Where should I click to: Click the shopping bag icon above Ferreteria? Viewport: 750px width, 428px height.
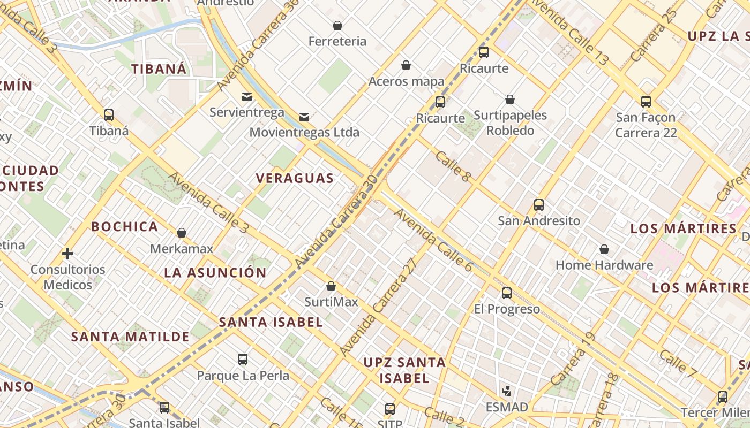(337, 26)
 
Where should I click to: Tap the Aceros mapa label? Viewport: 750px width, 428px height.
(406, 81)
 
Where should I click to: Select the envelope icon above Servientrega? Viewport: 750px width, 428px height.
(247, 97)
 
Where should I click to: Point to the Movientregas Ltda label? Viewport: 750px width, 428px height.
(304, 132)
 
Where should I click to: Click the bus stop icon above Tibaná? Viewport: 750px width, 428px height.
(109, 114)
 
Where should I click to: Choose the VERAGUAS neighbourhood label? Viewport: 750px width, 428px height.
(295, 178)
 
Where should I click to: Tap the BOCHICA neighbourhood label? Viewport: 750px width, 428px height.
(124, 226)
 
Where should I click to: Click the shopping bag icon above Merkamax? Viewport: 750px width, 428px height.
(182, 233)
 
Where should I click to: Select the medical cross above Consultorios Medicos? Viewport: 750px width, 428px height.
(67, 253)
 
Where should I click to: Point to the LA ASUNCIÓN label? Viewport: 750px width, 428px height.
(215, 272)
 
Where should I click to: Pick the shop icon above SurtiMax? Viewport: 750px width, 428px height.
(331, 286)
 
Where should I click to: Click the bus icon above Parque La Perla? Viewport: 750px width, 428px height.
(243, 360)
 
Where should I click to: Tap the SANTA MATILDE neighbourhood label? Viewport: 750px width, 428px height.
(130, 337)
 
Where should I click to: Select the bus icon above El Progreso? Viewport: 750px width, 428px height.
(507, 293)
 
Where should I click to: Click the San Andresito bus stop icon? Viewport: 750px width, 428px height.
(539, 205)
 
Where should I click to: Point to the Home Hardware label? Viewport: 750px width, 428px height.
(604, 265)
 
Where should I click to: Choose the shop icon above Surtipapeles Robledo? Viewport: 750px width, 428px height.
(510, 100)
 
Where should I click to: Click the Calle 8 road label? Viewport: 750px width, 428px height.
(453, 166)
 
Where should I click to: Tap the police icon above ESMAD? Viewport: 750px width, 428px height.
(507, 391)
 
